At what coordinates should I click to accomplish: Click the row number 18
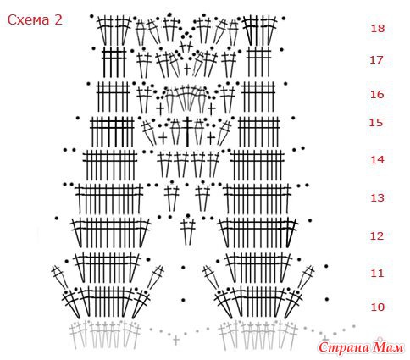[378, 29]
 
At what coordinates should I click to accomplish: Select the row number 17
[377, 60]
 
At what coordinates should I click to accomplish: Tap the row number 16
[377, 94]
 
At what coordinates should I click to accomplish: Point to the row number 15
[376, 123]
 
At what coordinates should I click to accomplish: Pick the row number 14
[377, 160]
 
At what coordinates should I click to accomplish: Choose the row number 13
[377, 197]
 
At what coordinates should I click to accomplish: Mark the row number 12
[377, 235]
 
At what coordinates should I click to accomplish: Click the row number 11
[377, 273]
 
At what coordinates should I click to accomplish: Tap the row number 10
[377, 307]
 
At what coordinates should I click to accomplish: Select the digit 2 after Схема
[58, 20]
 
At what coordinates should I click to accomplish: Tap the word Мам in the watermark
[388, 347]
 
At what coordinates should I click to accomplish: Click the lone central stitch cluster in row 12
[188, 231]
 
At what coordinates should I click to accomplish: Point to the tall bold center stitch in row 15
[187, 131]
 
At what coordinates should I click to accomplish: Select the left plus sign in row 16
[160, 108]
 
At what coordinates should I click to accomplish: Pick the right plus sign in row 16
[212, 108]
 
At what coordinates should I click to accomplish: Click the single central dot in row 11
[183, 268]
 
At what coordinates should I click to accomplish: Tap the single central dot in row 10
[183, 300]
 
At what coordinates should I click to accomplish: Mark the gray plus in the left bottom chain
[176, 340]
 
